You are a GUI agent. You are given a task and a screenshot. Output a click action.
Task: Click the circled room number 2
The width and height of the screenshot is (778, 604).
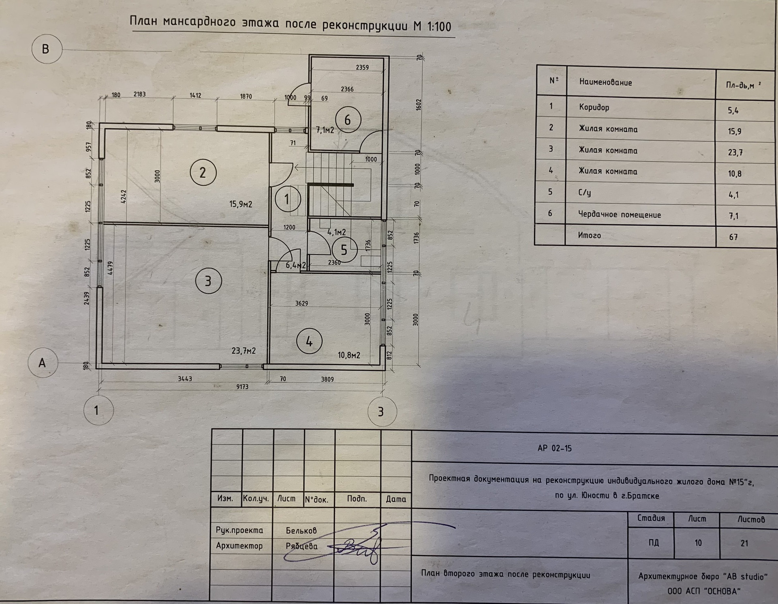203,173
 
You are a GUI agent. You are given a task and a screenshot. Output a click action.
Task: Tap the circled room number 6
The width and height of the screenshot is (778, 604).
347,120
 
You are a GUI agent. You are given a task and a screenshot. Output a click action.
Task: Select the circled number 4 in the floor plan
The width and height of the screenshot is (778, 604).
309,341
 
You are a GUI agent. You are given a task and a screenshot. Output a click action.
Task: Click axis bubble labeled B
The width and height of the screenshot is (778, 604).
46,49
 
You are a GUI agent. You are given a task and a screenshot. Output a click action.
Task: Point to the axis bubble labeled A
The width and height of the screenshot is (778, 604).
43,362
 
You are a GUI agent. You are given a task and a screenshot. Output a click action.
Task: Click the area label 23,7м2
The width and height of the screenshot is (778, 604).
244,351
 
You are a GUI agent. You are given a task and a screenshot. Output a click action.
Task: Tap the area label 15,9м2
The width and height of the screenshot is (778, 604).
241,204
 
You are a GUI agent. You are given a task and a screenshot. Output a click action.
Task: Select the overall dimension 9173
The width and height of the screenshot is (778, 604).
242,387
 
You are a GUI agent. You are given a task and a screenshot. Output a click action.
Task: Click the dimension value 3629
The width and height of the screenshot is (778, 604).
301,303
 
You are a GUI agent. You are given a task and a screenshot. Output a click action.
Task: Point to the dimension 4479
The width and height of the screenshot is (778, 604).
110,268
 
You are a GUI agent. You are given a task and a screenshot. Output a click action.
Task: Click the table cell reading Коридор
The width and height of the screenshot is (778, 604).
594,107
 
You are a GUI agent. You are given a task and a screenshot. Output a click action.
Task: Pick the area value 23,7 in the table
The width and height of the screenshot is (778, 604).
735,152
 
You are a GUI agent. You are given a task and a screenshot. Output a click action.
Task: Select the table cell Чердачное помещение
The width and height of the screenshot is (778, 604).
620,214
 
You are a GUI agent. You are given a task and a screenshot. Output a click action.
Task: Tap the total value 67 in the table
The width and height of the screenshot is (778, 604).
733,237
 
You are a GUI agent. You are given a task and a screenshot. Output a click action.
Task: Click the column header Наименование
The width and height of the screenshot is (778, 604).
605,82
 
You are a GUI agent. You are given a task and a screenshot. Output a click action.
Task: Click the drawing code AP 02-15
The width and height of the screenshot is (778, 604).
554,448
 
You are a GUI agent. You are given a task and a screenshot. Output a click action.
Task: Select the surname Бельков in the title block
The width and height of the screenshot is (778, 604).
301,531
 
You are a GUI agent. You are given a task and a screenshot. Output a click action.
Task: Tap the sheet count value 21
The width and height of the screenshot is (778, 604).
744,543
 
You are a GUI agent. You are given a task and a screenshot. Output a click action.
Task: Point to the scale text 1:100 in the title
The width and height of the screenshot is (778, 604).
439,27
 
